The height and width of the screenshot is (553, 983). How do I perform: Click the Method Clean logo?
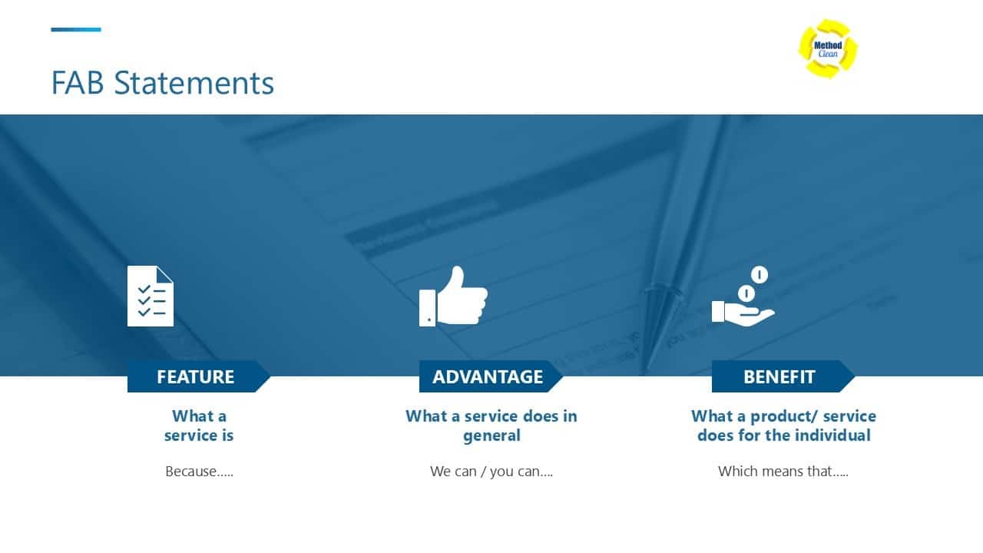pos(828,48)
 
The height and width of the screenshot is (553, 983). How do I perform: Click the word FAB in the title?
pos(78,83)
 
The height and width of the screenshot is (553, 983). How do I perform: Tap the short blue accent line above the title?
pos(76,30)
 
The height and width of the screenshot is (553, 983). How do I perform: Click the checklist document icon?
pos(151,296)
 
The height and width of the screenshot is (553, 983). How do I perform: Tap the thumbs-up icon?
pos(453,296)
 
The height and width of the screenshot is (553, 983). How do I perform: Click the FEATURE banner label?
pos(195,376)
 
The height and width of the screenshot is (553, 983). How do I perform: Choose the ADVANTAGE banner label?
pos(488,376)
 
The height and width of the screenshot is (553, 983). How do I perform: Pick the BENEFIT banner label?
pos(779,376)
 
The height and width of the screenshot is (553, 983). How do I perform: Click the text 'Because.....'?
pos(199,472)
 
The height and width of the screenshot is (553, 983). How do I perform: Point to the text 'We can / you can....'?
pos(491,472)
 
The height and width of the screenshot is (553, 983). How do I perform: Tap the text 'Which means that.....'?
pos(783,472)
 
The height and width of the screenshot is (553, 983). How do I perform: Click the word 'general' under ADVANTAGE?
pos(491,435)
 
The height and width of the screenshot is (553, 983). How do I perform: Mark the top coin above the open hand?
pos(760,274)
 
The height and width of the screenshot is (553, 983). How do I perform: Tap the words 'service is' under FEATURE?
pos(199,435)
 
